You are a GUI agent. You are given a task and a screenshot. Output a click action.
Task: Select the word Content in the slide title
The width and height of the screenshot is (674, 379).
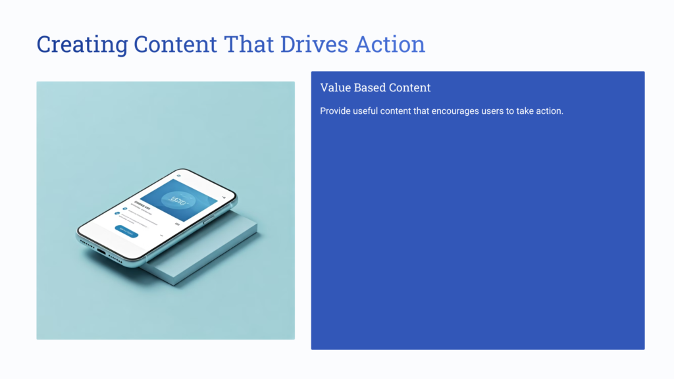(175, 45)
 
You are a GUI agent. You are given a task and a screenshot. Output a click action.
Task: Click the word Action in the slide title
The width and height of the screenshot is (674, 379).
(390, 45)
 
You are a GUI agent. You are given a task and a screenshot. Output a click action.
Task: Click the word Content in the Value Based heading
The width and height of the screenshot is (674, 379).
(411, 88)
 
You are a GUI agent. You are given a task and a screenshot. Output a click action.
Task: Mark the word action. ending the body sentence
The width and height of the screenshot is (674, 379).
(549, 111)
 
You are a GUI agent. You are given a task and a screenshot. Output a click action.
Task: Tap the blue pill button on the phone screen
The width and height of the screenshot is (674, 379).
(126, 231)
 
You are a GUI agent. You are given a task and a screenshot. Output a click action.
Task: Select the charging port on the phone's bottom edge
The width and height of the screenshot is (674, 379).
(101, 250)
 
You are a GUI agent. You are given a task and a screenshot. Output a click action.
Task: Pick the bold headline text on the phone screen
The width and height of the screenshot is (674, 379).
(141, 203)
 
